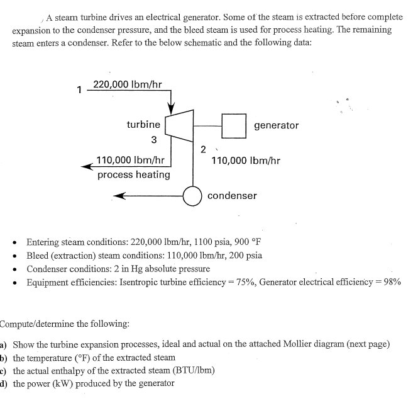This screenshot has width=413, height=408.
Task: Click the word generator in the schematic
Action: coord(277,125)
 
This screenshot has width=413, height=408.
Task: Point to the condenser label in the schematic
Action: coord(232,196)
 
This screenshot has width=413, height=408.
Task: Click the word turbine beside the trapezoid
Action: coord(143,125)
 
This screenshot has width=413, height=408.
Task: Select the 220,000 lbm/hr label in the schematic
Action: coord(128,84)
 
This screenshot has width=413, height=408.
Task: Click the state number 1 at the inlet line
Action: coord(79,89)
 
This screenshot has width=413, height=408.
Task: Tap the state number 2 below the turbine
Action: coord(202,150)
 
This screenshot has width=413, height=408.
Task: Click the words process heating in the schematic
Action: coord(133,174)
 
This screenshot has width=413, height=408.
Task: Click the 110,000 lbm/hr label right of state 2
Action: coord(246,161)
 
